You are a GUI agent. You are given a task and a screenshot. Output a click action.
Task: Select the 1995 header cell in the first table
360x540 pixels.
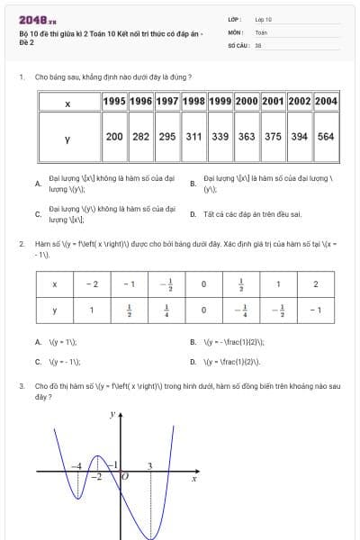tap(114, 102)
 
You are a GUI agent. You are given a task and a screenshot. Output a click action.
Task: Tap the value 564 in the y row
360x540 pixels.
tap(326, 137)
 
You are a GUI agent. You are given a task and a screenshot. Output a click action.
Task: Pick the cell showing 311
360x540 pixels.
tap(193, 137)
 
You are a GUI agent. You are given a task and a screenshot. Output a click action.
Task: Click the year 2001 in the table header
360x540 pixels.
tap(273, 102)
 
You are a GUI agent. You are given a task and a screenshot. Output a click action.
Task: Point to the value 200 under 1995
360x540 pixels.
tap(114, 137)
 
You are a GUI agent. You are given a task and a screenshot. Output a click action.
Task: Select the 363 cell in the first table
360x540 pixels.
tap(247, 137)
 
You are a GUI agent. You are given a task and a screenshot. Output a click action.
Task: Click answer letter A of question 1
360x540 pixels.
tap(37, 184)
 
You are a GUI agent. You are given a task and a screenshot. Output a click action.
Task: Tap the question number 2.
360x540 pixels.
tap(21, 244)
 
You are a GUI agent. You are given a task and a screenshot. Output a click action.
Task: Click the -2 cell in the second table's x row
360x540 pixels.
tap(92, 284)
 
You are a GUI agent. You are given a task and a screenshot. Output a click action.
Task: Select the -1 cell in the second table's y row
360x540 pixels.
tap(314, 310)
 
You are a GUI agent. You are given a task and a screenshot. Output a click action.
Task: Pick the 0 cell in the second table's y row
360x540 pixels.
tap(203, 310)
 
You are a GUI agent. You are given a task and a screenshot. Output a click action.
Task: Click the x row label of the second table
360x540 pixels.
tap(55, 284)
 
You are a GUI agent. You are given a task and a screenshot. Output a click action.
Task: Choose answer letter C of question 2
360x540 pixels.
tap(37, 362)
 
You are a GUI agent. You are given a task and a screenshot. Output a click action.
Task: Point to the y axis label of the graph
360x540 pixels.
tap(112, 415)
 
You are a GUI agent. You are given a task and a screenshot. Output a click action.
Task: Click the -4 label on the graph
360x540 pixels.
tap(77, 465)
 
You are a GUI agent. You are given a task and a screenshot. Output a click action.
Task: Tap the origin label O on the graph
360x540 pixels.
tap(125, 477)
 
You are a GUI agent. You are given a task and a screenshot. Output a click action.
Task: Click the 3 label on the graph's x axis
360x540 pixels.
tap(149, 465)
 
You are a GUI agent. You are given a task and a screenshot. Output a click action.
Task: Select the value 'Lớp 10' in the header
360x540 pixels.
tap(264, 18)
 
